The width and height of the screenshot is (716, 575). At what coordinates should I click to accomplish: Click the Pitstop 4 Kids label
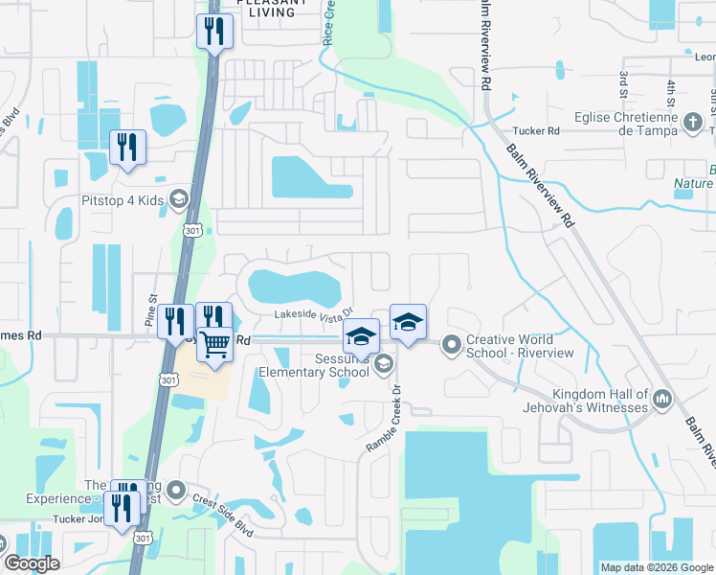(x=120, y=199)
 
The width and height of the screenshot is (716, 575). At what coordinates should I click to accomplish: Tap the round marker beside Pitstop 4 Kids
(x=177, y=199)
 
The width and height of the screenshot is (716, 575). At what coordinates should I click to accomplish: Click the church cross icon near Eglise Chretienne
(x=694, y=124)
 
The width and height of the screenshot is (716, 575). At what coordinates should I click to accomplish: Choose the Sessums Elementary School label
(x=316, y=366)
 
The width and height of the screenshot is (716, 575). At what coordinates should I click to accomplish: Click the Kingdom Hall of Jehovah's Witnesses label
(x=599, y=402)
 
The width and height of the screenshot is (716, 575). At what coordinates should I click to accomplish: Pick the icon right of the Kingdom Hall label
(x=661, y=400)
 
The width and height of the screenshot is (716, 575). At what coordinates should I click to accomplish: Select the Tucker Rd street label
(x=535, y=130)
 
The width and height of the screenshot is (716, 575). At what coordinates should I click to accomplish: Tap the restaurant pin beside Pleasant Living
(x=214, y=32)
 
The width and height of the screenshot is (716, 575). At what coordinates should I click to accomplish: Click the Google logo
(x=32, y=563)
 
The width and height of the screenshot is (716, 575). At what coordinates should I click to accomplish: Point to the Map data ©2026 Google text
(x=657, y=567)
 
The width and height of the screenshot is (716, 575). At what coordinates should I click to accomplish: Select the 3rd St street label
(x=623, y=84)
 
